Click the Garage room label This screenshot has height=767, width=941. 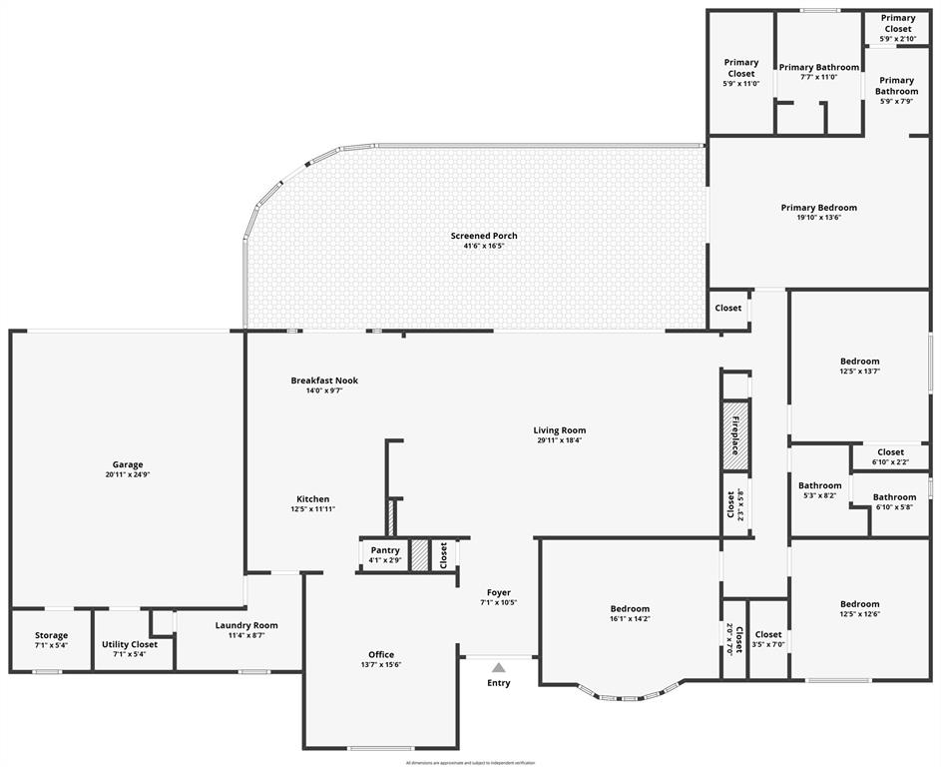pyautogui.click(x=127, y=464)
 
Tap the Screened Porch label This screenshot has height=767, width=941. pyautogui.click(x=484, y=236)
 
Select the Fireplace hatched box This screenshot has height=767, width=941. pyautogui.click(x=735, y=434)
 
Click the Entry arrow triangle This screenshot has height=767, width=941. pyautogui.click(x=498, y=667)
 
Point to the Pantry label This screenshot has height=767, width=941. pyautogui.click(x=385, y=550)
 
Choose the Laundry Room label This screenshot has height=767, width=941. pyautogui.click(x=246, y=625)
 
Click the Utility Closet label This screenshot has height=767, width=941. pyautogui.click(x=130, y=644)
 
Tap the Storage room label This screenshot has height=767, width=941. pyautogui.click(x=51, y=635)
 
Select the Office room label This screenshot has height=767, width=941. pyautogui.click(x=381, y=655)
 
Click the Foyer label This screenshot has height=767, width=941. pyautogui.click(x=498, y=592)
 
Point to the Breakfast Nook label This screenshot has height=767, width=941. pyautogui.click(x=324, y=381)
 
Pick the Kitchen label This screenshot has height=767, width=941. pyautogui.click(x=312, y=499)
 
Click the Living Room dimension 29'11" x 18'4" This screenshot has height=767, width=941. pyautogui.click(x=558, y=440)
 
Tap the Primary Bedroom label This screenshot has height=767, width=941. pyautogui.click(x=818, y=208)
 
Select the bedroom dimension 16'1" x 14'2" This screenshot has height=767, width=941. pyautogui.click(x=630, y=619)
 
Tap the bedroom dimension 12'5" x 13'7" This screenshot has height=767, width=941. pyautogui.click(x=859, y=372)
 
